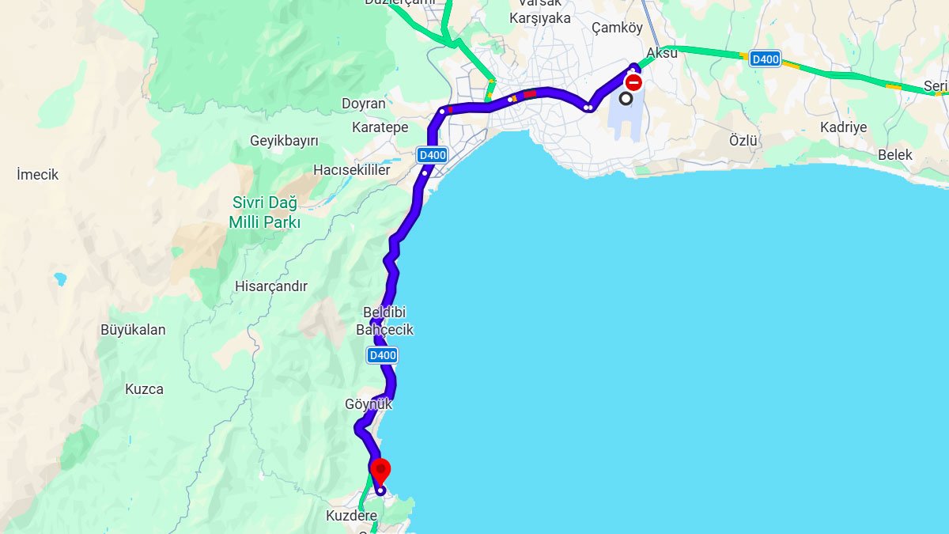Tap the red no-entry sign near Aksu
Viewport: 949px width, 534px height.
tap(633, 82)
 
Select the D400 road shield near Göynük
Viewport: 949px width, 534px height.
tap(382, 355)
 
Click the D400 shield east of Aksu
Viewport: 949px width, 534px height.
tap(765, 59)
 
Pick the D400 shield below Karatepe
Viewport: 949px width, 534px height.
tap(432, 155)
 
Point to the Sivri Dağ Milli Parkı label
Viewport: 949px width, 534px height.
tap(265, 212)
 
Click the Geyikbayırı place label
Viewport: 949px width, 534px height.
tap(284, 141)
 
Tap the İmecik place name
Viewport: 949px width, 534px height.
tap(38, 174)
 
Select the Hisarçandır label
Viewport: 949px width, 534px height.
tap(270, 286)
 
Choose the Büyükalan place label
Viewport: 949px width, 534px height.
tap(133, 330)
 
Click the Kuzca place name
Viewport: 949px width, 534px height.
tap(144, 389)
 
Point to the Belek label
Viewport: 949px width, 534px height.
tap(894, 155)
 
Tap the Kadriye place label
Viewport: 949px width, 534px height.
tap(843, 127)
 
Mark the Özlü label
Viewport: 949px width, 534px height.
tap(743, 141)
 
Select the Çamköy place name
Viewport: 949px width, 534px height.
tap(617, 28)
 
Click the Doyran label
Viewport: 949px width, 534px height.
tap(363, 104)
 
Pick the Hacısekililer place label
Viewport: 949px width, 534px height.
tap(351, 170)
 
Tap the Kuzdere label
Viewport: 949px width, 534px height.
tap(351, 516)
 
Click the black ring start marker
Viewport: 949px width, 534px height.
tap(626, 98)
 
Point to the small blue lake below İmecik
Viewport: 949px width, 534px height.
tap(60, 278)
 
